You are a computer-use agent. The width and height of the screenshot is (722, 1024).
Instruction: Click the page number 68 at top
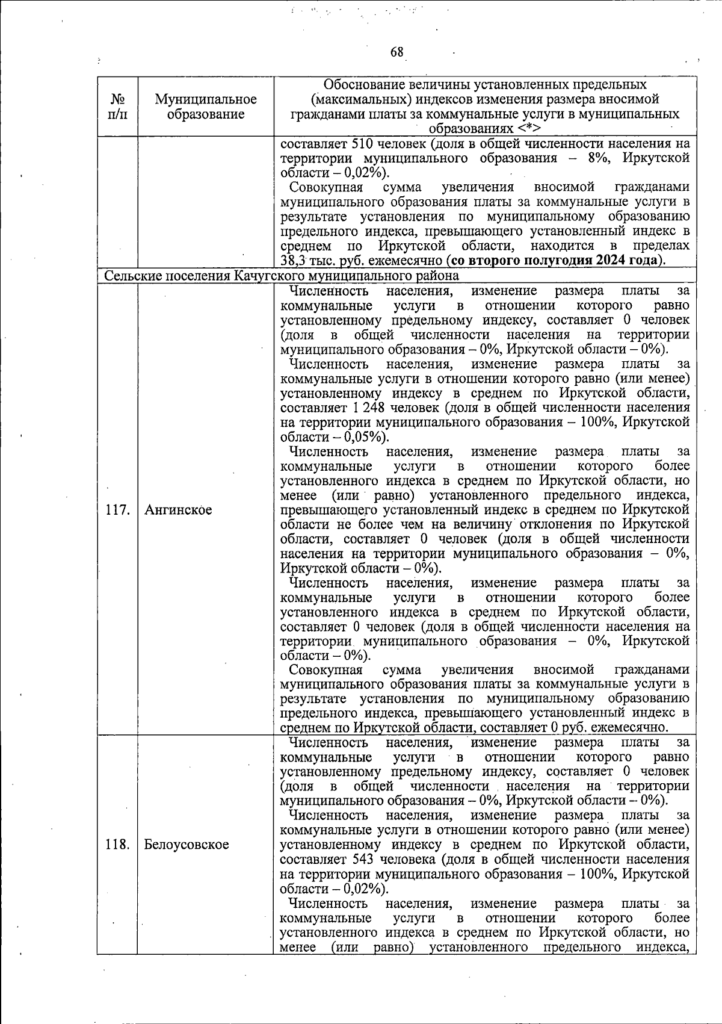(x=397, y=52)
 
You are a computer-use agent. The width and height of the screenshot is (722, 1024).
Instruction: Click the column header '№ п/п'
(x=117, y=107)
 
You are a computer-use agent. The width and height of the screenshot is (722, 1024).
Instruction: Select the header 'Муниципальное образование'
(x=206, y=107)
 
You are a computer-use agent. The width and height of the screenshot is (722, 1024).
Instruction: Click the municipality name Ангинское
(x=178, y=510)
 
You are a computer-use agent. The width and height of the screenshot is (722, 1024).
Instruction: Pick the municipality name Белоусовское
(x=187, y=845)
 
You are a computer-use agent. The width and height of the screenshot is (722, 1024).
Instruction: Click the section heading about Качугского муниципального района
(x=282, y=276)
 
